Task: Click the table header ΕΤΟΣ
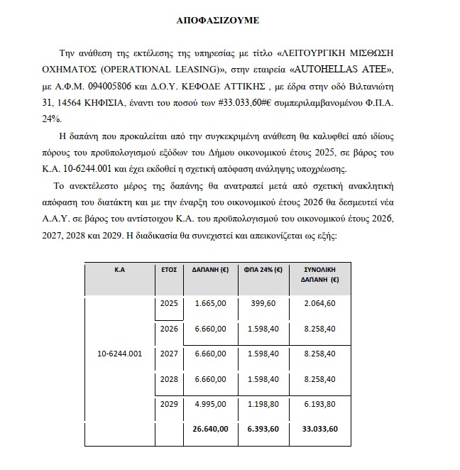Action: pyautogui.click(x=169, y=270)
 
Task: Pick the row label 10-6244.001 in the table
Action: pyautogui.click(x=120, y=353)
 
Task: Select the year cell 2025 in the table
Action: pyautogui.click(x=169, y=303)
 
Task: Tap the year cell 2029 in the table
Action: pyautogui.click(x=169, y=405)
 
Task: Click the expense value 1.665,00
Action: pyautogui.click(x=212, y=303)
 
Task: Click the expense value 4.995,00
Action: pyautogui.click(x=212, y=405)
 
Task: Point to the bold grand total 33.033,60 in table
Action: pyautogui.click(x=318, y=428)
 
